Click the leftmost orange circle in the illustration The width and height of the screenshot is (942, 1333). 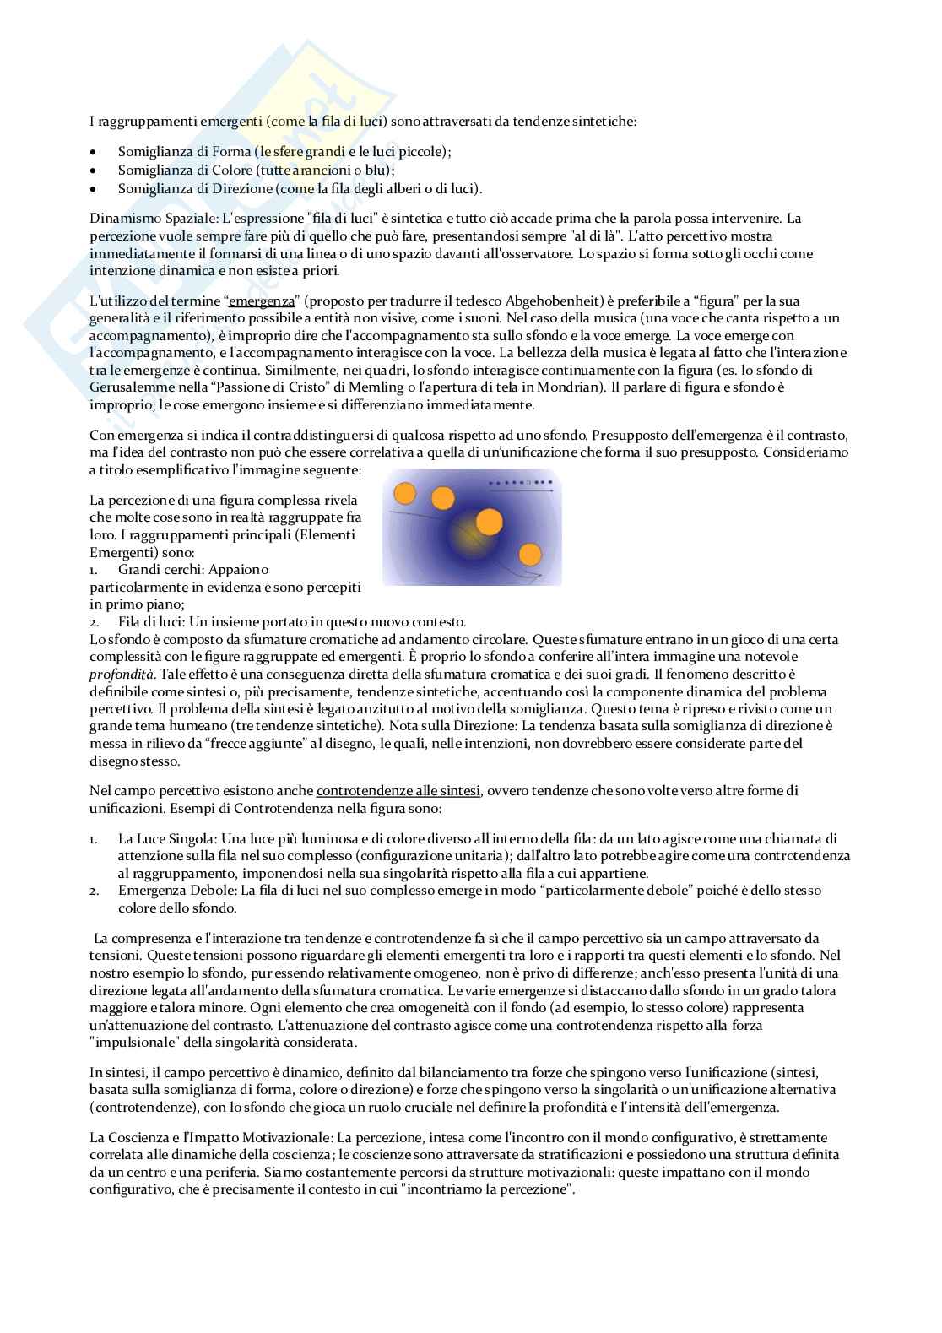click(x=405, y=493)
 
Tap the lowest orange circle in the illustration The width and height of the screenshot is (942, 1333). click(x=530, y=554)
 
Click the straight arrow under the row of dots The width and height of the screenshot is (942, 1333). click(x=522, y=489)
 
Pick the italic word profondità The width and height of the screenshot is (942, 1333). click(x=117, y=674)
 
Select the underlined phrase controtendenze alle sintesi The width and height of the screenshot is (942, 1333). click(x=398, y=790)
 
